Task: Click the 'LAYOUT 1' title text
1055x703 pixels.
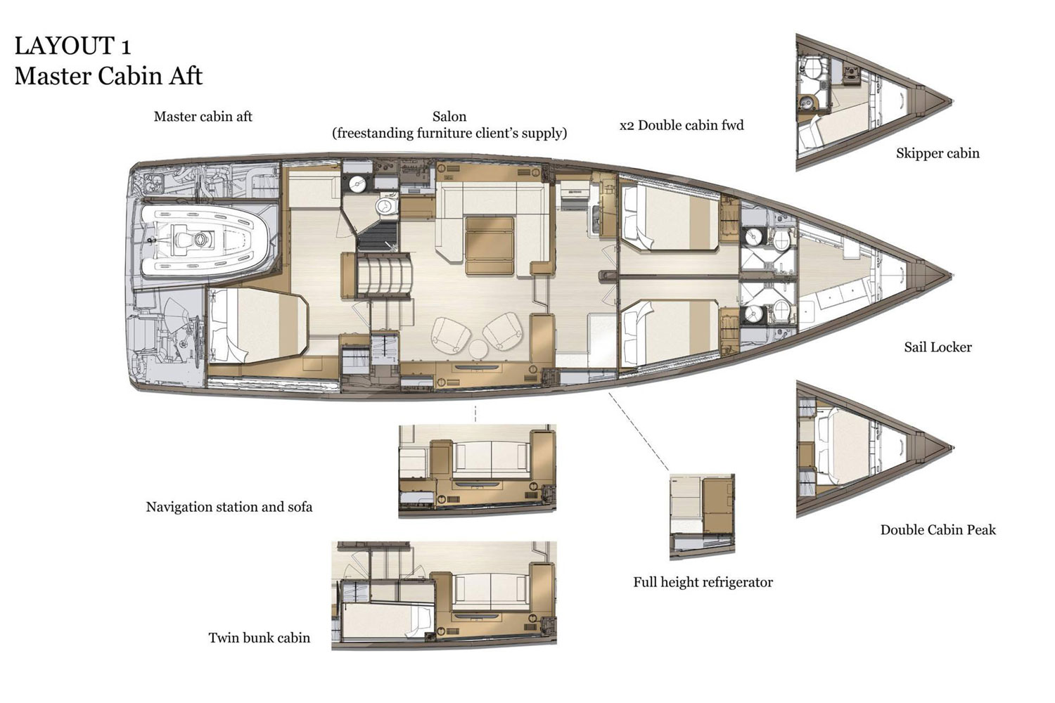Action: [x=72, y=46]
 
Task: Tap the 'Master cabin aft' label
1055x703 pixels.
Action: [x=203, y=116]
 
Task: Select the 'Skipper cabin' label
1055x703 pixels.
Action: [x=938, y=153]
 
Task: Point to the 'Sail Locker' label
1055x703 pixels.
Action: [x=938, y=347]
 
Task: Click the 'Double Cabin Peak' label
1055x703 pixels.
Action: [x=938, y=530]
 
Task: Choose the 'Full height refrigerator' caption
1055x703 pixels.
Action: [x=703, y=583]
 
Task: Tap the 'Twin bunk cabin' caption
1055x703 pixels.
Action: [x=260, y=638]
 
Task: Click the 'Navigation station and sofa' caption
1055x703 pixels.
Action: [x=229, y=507]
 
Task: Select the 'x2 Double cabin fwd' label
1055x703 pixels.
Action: [x=682, y=125]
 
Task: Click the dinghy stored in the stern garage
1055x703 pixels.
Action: [x=205, y=240]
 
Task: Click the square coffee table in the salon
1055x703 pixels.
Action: [x=490, y=245]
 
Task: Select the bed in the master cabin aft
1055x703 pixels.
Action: [x=257, y=325]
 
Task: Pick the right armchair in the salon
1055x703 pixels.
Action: [x=503, y=331]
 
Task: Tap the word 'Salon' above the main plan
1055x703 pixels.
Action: [x=449, y=116]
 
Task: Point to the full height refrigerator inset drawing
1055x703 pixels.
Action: [x=702, y=517]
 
